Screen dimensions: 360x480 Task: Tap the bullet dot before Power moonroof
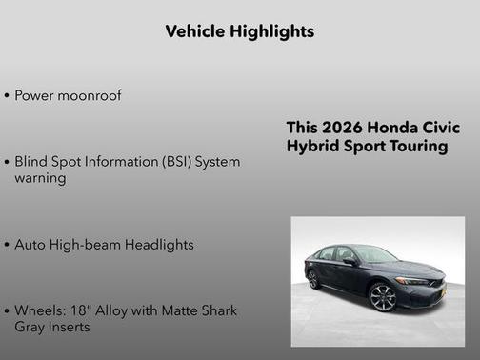[x=8, y=96]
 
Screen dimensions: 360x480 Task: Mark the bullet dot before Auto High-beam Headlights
[x=8, y=245]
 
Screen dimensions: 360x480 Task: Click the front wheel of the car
[x=383, y=297]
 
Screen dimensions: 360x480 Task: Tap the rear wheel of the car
[x=313, y=279]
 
